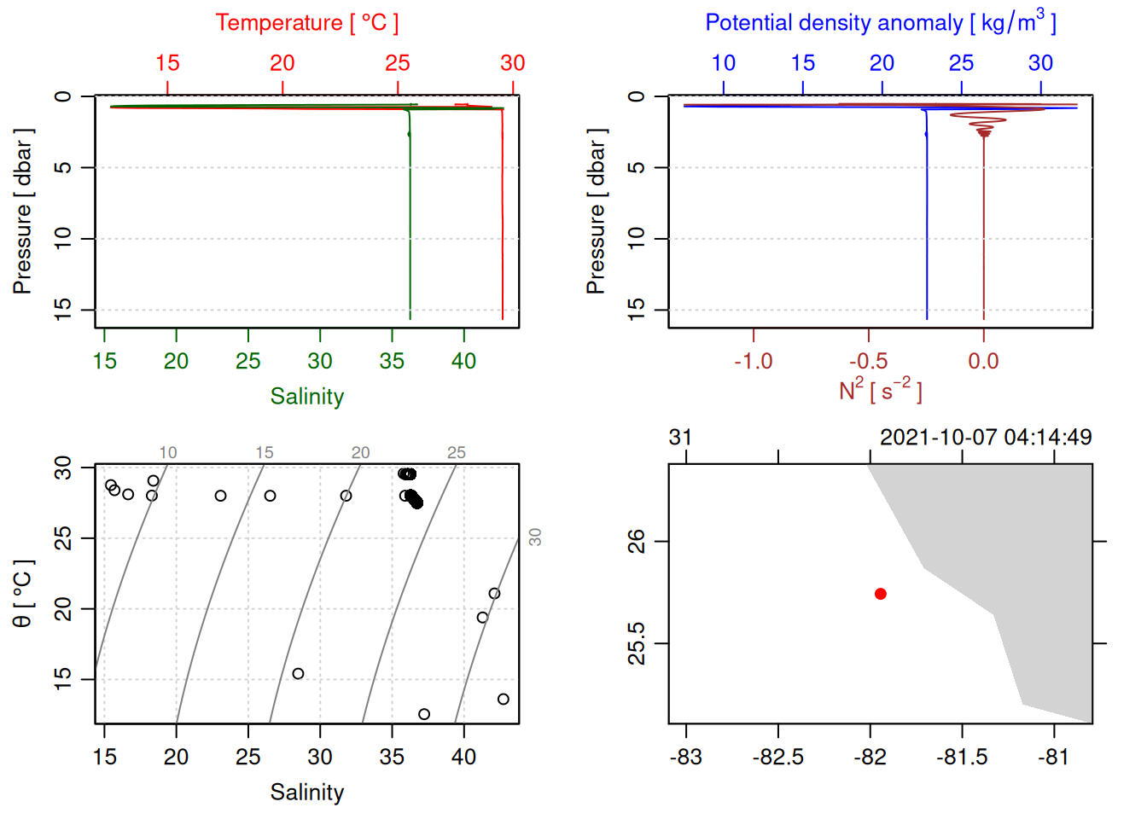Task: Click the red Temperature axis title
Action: (x=306, y=22)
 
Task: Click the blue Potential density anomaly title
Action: (x=880, y=22)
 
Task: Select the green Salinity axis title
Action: (x=306, y=397)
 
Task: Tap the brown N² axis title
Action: (x=880, y=391)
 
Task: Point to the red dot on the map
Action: (x=880, y=594)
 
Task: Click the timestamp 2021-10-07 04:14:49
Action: (x=985, y=438)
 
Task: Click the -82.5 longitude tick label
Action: (x=777, y=758)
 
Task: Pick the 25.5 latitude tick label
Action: (x=637, y=643)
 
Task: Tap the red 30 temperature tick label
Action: (x=512, y=63)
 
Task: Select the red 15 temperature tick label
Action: (x=167, y=63)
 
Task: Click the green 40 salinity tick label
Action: (x=463, y=362)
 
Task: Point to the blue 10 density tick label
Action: (x=723, y=63)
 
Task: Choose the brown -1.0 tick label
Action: (x=753, y=362)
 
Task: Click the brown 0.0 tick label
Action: (x=983, y=362)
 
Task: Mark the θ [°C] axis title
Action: (x=23, y=594)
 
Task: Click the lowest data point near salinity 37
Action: (x=424, y=714)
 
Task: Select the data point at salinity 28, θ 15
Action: (x=298, y=674)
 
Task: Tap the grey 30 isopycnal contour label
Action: (x=535, y=537)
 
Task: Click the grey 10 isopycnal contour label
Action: (x=168, y=453)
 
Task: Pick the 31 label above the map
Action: (x=680, y=438)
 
